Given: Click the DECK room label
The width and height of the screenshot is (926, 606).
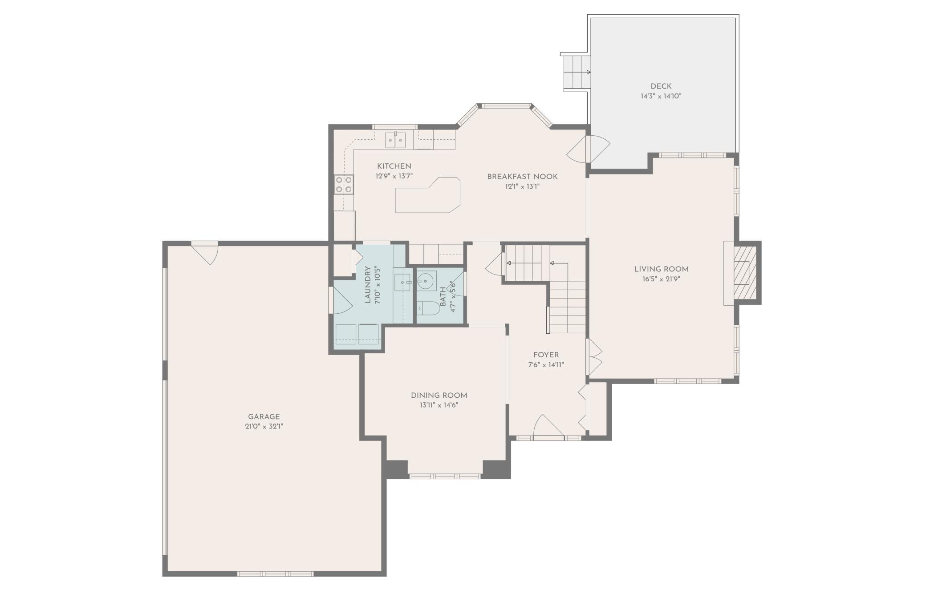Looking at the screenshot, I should tap(661, 86).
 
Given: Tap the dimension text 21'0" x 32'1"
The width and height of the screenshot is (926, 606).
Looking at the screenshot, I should tap(264, 426).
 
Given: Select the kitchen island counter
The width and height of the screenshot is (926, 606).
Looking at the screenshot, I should tap(427, 196).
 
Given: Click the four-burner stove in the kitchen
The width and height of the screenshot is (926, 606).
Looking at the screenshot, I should tap(344, 185).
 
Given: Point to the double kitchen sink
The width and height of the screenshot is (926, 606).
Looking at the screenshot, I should tap(395, 140).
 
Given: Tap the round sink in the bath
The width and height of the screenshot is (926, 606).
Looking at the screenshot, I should tap(426, 281).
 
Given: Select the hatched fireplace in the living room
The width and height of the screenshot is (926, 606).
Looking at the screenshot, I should tap(745, 272).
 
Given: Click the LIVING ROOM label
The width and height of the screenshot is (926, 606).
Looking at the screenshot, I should tap(661, 269).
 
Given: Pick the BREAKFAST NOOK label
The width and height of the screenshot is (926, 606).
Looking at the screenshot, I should tap(522, 177).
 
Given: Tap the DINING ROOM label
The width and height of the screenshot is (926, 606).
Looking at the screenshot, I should tap(439, 395).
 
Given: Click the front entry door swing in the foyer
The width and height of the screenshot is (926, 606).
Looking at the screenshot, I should tap(548, 426).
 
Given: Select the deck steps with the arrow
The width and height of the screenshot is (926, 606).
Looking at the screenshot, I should tap(577, 72).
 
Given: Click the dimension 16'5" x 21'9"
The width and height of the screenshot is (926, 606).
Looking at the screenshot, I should tap(661, 279).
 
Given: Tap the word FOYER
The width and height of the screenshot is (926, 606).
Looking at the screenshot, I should tap(546, 355).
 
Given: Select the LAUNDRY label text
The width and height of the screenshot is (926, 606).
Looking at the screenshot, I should tap(368, 285).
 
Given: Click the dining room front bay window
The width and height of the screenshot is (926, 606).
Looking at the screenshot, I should tap(445, 476).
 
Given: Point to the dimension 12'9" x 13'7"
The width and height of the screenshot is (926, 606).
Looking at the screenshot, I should tap(394, 176).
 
